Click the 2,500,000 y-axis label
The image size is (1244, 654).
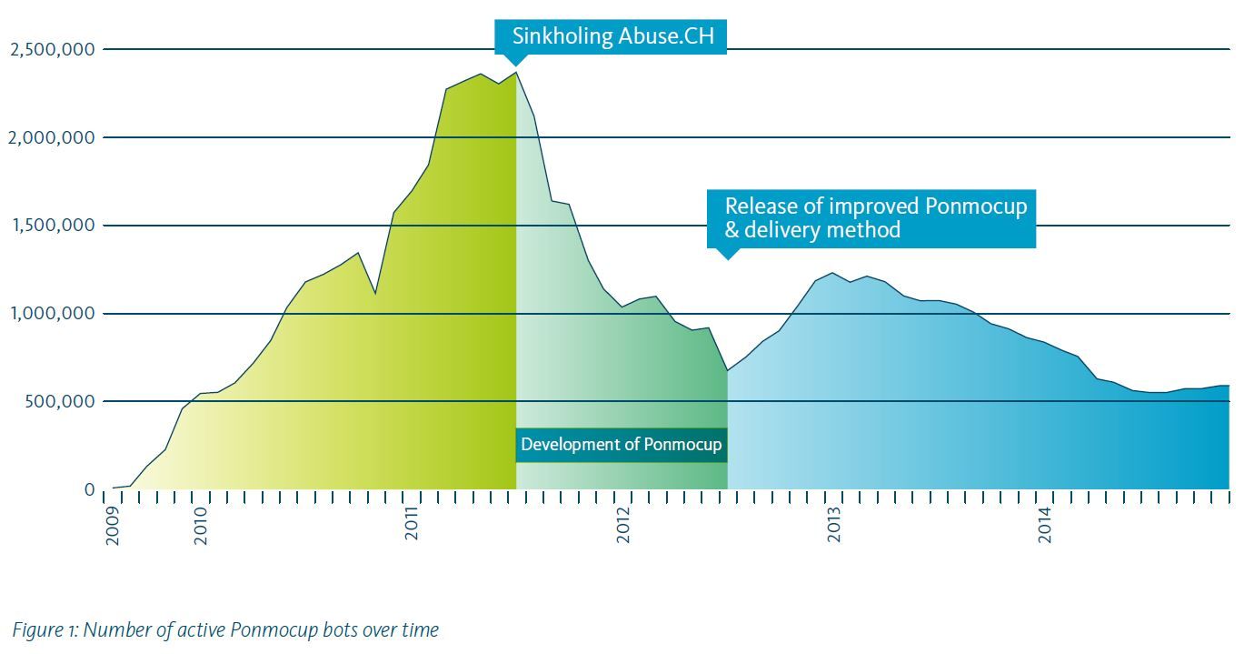[x=52, y=49]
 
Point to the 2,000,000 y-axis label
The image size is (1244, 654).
[x=52, y=137]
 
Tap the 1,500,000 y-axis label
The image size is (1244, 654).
[x=52, y=226]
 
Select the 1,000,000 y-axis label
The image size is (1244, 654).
[x=52, y=314]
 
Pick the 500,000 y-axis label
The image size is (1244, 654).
[x=57, y=402]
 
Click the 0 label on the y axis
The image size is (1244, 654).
[x=89, y=490]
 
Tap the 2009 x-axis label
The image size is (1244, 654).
[x=113, y=527]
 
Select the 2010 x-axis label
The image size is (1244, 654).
[x=201, y=527]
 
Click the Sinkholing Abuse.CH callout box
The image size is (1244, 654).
[x=611, y=37]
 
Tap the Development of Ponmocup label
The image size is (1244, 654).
[x=622, y=445]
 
